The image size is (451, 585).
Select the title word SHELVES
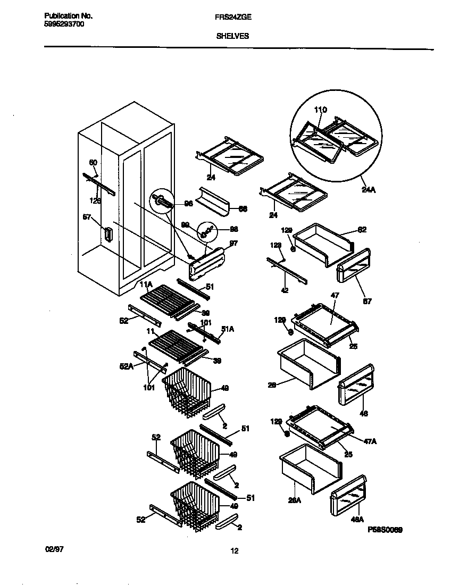[232, 37]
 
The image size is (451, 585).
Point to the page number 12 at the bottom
[234, 551]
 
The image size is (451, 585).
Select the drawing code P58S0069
[385, 530]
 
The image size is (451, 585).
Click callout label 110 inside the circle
[320, 110]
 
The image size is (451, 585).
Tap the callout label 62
[362, 230]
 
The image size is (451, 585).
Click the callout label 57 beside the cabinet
[87, 218]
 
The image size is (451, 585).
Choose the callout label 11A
[146, 285]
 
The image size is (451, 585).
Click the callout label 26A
[294, 500]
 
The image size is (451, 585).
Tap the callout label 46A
[357, 520]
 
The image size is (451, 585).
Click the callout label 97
[233, 243]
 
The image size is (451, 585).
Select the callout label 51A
[228, 330]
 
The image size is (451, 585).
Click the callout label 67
[367, 301]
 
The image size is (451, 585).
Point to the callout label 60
[93, 162]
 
